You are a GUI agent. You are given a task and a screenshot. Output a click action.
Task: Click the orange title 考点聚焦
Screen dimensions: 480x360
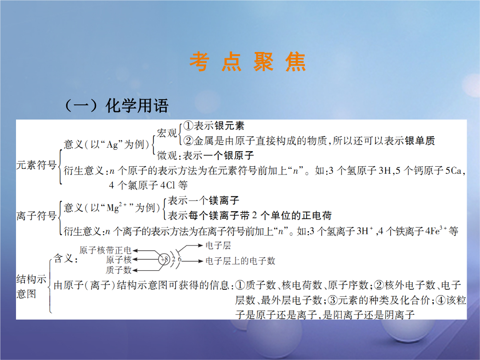(x=248, y=62)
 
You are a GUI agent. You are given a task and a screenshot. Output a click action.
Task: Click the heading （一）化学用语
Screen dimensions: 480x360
(x=116, y=106)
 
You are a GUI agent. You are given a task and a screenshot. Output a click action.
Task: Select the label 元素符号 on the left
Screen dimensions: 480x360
(x=36, y=165)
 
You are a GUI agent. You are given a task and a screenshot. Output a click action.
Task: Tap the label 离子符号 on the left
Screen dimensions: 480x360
(x=36, y=216)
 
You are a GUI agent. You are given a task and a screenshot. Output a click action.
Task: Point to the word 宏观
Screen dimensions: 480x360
(x=167, y=133)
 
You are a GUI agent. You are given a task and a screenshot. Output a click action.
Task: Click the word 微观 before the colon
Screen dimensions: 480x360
(x=167, y=156)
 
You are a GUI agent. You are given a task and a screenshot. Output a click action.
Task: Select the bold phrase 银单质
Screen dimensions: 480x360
(x=420, y=140)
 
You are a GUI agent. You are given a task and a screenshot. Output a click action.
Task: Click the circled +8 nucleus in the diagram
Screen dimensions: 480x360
(x=164, y=260)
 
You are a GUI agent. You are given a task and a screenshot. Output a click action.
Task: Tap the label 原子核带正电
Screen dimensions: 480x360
(x=105, y=250)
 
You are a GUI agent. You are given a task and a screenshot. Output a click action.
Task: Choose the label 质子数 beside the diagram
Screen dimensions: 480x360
(x=119, y=270)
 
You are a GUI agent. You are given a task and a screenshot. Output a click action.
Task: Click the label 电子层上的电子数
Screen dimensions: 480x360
(x=240, y=261)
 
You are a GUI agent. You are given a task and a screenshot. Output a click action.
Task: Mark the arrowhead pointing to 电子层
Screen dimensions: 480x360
(x=200, y=245)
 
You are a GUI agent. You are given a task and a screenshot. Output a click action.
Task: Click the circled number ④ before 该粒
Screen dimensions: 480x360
(x=441, y=300)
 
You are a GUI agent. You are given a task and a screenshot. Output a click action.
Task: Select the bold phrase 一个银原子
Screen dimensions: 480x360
(x=228, y=156)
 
